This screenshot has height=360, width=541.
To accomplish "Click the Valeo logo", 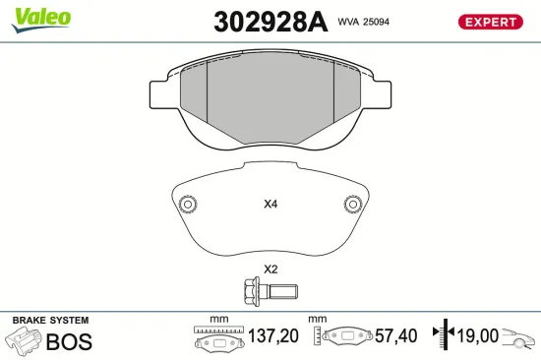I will pyautogui.click(x=40, y=17).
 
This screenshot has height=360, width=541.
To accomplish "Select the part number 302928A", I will pyautogui.click(x=270, y=22).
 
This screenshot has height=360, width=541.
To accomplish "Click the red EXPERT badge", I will pyautogui.click(x=489, y=22).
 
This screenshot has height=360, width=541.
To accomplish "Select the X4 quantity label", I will pyautogui.click(x=270, y=206).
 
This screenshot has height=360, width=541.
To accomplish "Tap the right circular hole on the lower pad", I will pyautogui.click(x=352, y=205).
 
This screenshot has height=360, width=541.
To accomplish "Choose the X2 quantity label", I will pyautogui.click(x=270, y=270).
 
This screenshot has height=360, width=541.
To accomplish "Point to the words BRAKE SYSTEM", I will pyautogui.click(x=49, y=321).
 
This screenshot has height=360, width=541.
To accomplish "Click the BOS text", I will pyautogui.click(x=69, y=341).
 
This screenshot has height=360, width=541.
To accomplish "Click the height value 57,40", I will pyautogui.click(x=394, y=336).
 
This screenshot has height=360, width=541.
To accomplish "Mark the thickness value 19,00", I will pyautogui.click(x=477, y=336).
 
